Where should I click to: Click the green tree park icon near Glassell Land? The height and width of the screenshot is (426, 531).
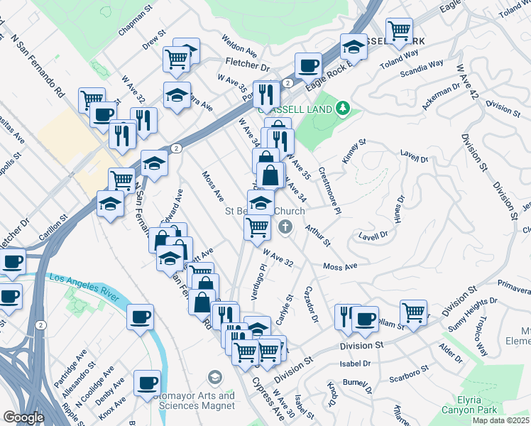click(344, 107)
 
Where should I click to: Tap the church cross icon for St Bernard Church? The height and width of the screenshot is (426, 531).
click(285, 226)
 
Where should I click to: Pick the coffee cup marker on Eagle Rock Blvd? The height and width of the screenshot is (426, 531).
click(308, 65)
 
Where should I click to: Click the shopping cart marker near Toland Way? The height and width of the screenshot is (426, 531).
click(400, 30)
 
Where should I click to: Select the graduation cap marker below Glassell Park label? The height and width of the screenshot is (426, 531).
click(353, 46)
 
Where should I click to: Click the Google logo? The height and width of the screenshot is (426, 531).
click(23, 417)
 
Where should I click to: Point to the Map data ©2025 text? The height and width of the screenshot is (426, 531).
click(500, 420)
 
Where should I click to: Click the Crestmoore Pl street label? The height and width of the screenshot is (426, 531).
click(330, 189)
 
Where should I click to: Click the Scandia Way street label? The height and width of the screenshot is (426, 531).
click(422, 68)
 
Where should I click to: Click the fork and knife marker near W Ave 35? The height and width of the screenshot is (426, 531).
click(266, 92)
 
